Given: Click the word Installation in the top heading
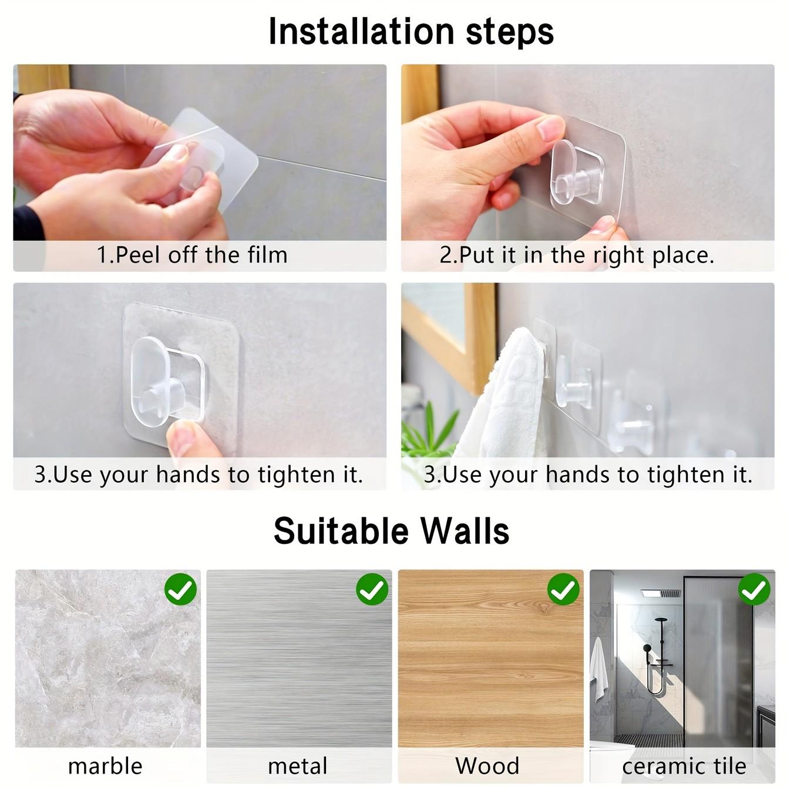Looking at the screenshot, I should coord(361,31).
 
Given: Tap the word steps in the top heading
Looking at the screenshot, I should coord(509,32).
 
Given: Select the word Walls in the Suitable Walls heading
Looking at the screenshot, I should coord(465,531).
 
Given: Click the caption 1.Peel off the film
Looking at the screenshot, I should coord(192,255).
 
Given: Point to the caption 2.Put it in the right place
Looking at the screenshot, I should coord(577,255).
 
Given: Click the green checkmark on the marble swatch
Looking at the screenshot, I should coord(180,589).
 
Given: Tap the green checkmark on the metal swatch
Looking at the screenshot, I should coord(372,589).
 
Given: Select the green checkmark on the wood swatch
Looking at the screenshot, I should coord(563,589).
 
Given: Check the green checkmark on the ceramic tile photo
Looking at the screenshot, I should coord(754,589).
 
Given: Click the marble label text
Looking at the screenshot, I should coord(105,766).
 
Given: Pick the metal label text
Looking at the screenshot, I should coord(297,766).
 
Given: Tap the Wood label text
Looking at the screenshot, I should coord(487,766).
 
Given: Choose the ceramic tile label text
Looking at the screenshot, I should coord(684,766).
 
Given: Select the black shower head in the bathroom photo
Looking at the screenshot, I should coord(646,649).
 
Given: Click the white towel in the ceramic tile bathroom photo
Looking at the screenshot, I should coord(598,670).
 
